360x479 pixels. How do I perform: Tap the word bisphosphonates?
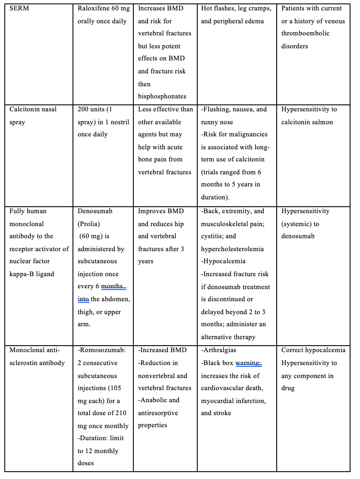click(162, 96)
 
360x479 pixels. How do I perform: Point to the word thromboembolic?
click(305, 33)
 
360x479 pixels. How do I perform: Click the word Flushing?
click(217, 109)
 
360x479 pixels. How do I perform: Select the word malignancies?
click(249, 134)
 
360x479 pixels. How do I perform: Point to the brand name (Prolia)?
click(88, 224)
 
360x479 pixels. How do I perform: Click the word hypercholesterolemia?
click(232, 249)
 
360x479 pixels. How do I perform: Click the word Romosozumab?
click(102, 350)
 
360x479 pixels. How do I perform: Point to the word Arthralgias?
click(220, 350)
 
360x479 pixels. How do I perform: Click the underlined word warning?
click(249, 363)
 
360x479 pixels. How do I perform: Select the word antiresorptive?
click(158, 413)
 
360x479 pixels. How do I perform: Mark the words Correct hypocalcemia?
click(313, 350)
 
